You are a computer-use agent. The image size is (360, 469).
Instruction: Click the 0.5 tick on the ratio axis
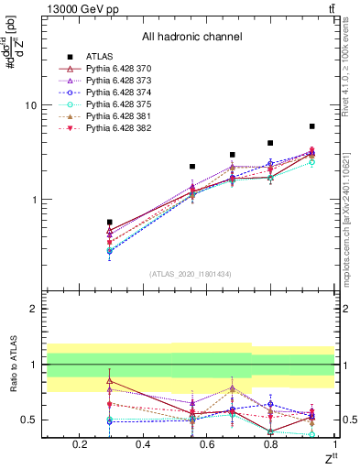31,420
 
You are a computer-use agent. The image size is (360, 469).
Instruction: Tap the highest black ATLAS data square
312,126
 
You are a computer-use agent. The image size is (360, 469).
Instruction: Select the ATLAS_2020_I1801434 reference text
191,275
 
